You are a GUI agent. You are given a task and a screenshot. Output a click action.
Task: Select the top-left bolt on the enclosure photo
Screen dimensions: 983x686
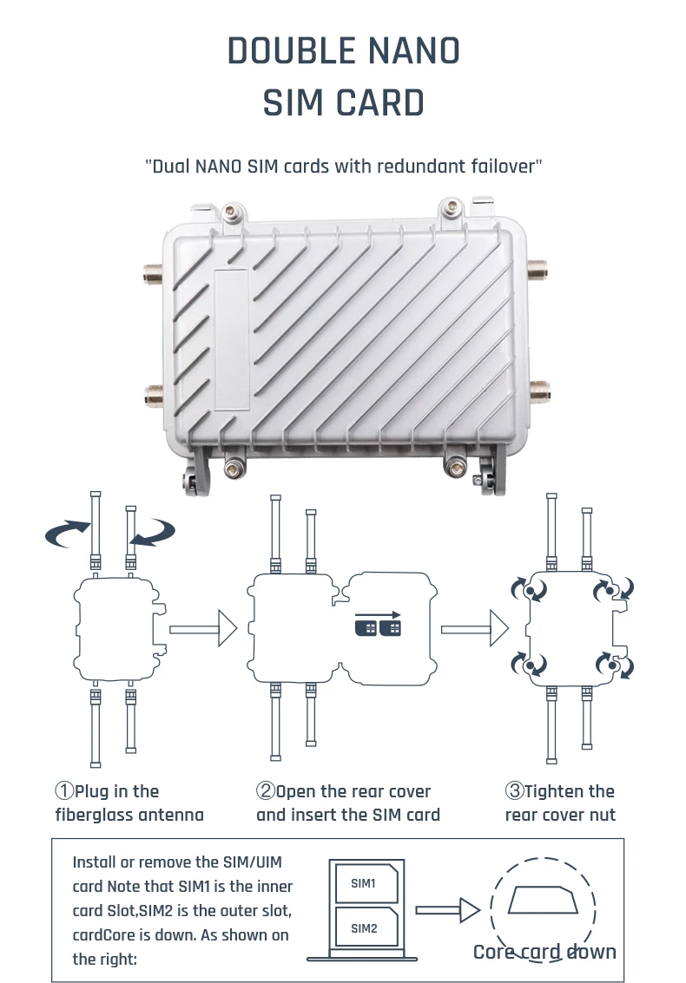click(x=231, y=210)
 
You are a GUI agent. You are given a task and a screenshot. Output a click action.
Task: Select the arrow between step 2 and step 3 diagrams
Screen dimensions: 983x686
click(x=474, y=626)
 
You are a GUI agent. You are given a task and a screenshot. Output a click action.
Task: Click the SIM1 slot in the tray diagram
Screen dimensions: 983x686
click(x=364, y=884)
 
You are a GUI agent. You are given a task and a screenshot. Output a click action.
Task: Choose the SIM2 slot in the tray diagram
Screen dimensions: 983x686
click(x=364, y=928)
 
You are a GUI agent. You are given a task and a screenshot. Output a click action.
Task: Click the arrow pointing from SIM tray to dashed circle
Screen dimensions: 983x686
click(x=446, y=910)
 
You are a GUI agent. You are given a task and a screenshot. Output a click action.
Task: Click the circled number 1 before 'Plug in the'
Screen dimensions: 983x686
click(x=64, y=791)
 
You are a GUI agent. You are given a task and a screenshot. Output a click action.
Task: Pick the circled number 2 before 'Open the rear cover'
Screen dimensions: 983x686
click(x=266, y=791)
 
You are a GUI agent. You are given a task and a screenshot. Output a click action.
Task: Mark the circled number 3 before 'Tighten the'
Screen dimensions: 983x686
click(x=514, y=791)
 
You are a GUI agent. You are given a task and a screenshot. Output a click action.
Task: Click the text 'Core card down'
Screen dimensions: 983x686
click(x=544, y=952)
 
